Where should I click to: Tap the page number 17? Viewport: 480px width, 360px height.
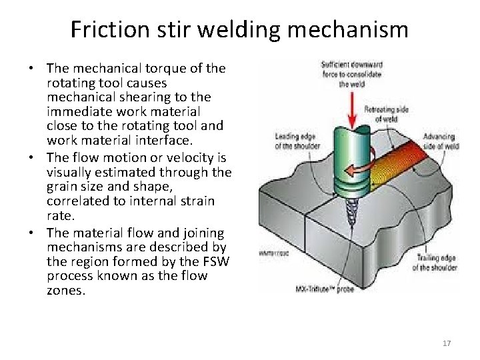pos(447,343)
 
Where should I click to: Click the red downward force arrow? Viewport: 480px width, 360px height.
pos(354,107)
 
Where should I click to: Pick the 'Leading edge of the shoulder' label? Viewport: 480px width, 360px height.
pos(296,142)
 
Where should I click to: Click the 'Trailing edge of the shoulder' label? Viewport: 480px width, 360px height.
pos(434,263)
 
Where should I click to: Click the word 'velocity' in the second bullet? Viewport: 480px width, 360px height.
pos(189,158)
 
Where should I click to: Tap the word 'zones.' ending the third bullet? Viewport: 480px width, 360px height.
pos(66,290)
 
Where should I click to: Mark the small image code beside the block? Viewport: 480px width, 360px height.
pos(269,254)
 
